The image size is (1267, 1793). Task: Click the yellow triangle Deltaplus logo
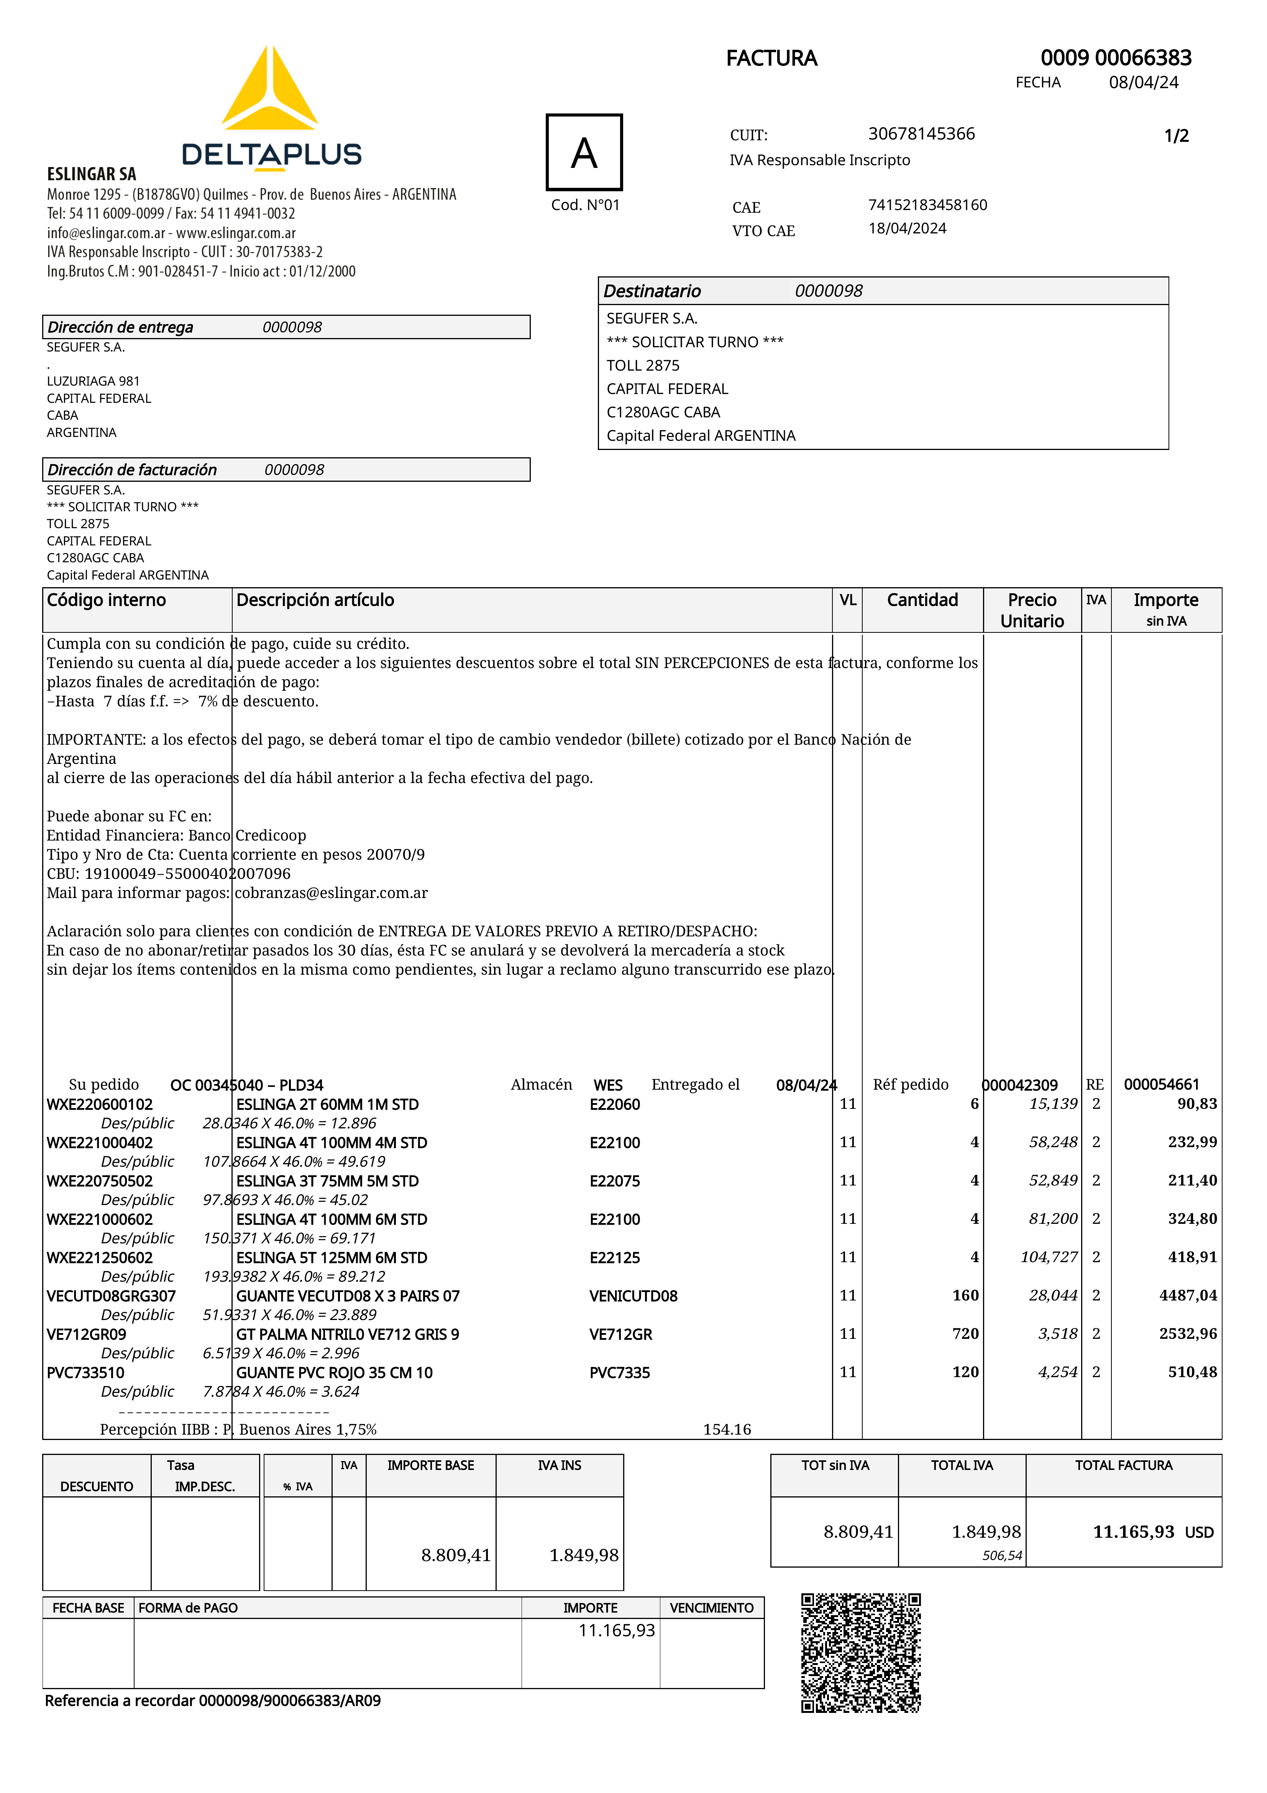pyautogui.click(x=270, y=90)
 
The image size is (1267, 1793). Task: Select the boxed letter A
pyautogui.click(x=584, y=152)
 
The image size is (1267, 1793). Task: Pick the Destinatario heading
pyautogui.click(x=652, y=291)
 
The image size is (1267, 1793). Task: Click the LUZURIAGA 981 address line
pyautogui.click(x=93, y=381)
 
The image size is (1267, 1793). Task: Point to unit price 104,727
pyautogui.click(x=1049, y=1257)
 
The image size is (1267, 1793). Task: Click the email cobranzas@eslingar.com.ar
pyautogui.click(x=331, y=893)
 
